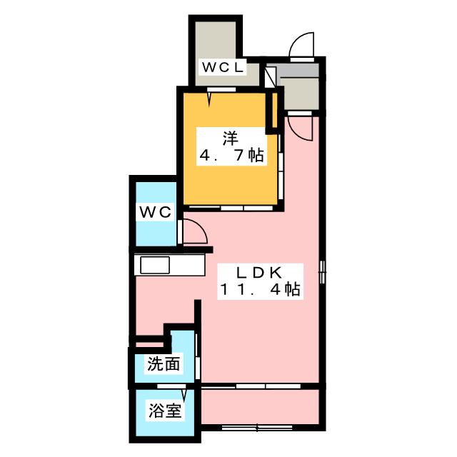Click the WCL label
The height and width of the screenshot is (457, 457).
click(223, 67)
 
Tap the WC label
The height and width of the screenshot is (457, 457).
click(156, 212)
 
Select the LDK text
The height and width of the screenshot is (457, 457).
click(259, 273)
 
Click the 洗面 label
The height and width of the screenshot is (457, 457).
click(164, 363)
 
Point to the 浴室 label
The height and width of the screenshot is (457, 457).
click(165, 411)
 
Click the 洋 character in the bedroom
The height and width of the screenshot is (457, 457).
click(231, 139)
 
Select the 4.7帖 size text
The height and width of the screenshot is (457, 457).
click(231, 156)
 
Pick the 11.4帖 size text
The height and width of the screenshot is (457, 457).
click(260, 290)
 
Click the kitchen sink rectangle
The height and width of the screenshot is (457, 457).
click(155, 265)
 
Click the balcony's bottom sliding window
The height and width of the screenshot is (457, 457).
click(257, 428)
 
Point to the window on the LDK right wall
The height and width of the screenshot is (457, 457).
click(322, 272)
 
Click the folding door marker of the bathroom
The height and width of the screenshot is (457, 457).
click(184, 394)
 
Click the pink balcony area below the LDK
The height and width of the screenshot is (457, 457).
click(260, 407)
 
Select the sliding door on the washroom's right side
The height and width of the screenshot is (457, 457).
click(197, 356)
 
